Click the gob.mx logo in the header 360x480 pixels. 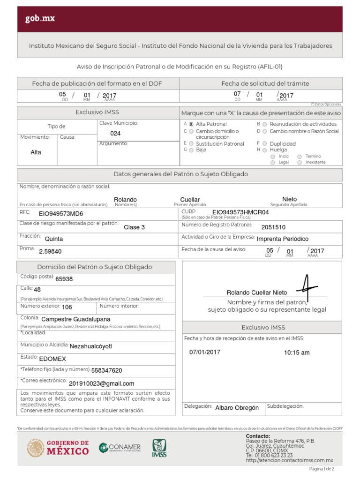[40, 19]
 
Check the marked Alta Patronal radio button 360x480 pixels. [191, 124]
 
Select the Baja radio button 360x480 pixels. [191, 150]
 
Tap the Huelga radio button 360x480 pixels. [265, 150]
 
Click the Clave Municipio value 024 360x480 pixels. [115, 134]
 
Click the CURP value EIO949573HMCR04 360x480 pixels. [240, 212]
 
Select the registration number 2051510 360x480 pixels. [273, 227]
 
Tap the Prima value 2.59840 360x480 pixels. [50, 251]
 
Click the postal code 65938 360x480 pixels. [64, 279]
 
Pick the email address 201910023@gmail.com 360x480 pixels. [101, 383]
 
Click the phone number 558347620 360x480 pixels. [106, 370]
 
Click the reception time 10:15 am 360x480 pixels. [297, 352]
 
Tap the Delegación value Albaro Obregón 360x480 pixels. [237, 408]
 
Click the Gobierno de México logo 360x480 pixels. [58, 448]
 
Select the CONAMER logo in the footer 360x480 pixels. [120, 448]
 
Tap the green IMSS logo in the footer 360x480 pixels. [159, 448]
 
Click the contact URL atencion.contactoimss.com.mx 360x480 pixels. [289, 461]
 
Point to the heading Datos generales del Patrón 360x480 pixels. [180, 174]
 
